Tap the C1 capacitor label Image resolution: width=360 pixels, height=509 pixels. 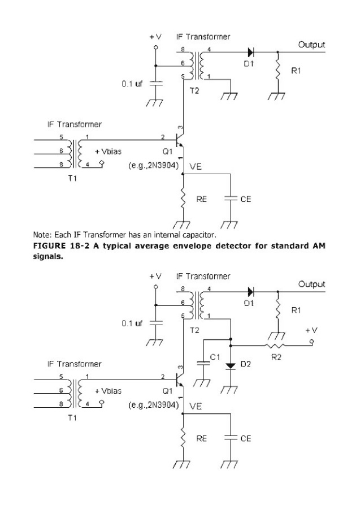coord(215,357)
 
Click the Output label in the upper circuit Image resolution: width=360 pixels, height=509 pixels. coord(311,43)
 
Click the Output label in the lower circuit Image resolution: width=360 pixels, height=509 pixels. coord(311,284)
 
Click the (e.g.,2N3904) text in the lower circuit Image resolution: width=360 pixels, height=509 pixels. coord(154,405)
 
